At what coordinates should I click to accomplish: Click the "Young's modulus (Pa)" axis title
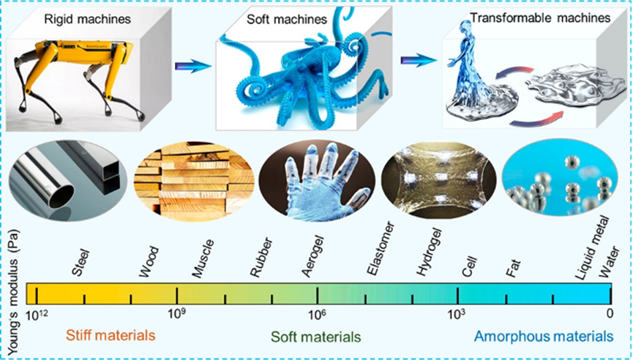[12, 278]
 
